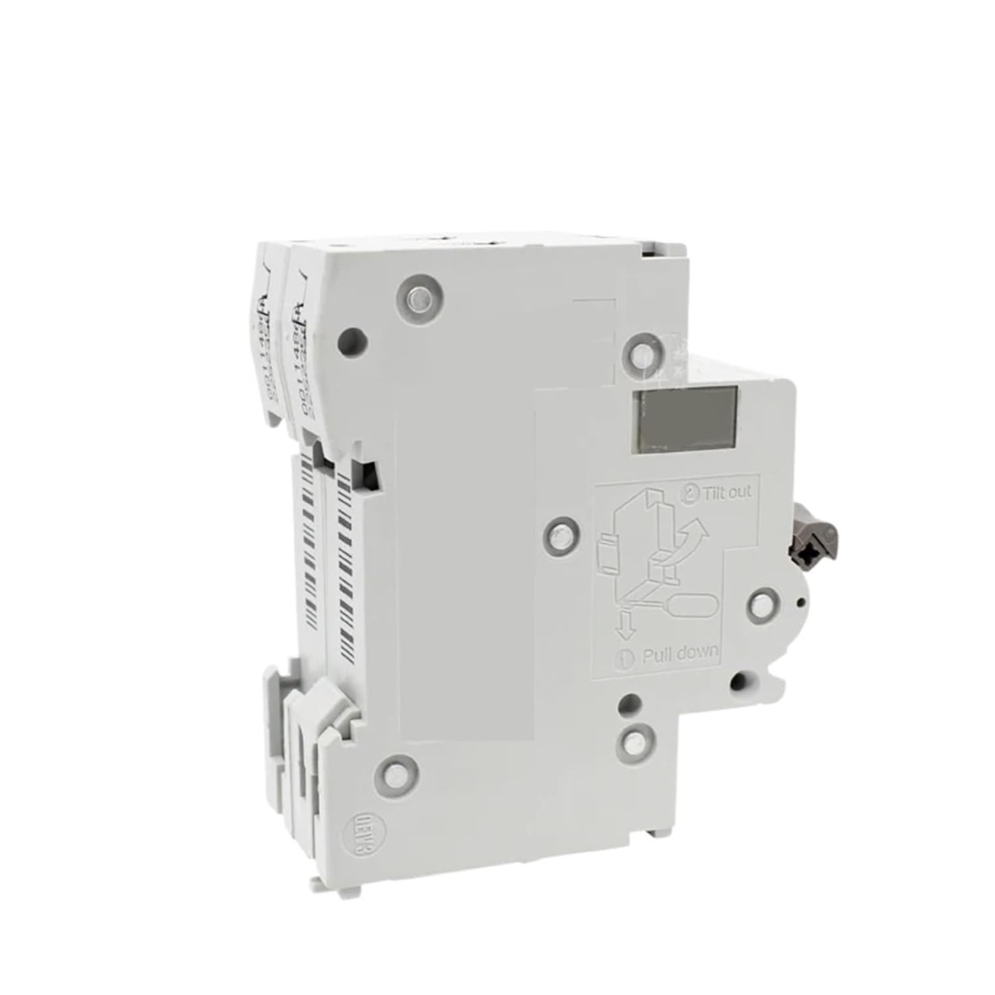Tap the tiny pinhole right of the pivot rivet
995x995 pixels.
pos(801,602)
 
